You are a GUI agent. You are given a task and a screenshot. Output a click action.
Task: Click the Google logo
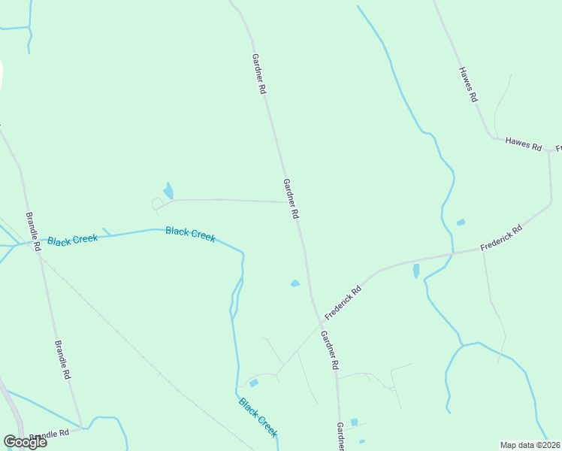click(25, 442)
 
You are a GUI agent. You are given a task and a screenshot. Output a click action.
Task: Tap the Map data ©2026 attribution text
click(530, 445)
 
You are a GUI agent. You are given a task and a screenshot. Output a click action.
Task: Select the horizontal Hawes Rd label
click(523, 144)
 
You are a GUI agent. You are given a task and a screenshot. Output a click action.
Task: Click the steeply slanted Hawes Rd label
click(467, 84)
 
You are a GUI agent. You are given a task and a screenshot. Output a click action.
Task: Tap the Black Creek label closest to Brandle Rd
click(72, 240)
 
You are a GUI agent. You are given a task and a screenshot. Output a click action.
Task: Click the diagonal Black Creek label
click(258, 417)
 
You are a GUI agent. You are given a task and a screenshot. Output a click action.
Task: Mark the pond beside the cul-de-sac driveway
click(168, 191)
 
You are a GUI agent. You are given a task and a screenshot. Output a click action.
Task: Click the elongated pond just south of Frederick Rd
click(416, 271)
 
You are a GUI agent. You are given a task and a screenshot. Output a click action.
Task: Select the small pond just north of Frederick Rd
click(461, 222)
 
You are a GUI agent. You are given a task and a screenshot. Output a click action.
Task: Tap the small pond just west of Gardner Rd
click(295, 283)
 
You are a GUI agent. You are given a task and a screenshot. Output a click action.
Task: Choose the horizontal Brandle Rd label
click(50, 434)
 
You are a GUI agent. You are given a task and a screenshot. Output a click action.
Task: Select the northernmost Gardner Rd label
click(259, 73)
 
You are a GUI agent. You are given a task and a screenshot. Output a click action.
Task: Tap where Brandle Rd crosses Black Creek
click(35, 244)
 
